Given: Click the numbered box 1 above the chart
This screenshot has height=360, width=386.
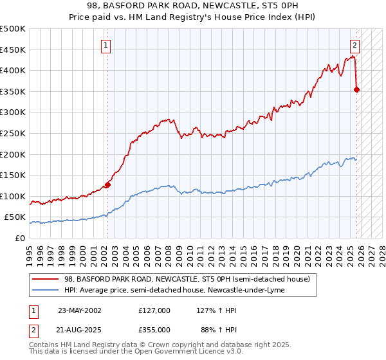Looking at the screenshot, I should pyautogui.click(x=105, y=45).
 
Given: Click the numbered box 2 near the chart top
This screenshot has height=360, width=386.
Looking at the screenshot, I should pyautogui.click(x=354, y=45).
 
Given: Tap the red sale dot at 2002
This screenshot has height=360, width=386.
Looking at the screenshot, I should pyautogui.click(x=107, y=184).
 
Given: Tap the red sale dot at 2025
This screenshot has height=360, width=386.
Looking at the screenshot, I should pyautogui.click(x=357, y=89).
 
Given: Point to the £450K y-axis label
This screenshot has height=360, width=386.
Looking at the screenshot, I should pyautogui.click(x=13, y=50).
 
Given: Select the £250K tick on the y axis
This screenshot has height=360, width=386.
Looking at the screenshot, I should pyautogui.click(x=13, y=133).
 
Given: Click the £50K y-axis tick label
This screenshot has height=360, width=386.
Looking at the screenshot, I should pyautogui.click(x=15, y=217).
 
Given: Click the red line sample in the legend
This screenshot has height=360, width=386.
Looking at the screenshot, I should pyautogui.click(x=45, y=279).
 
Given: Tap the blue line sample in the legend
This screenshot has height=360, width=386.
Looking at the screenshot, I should pyautogui.click(x=45, y=290).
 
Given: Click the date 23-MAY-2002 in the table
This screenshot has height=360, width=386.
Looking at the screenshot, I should pyautogui.click(x=79, y=310).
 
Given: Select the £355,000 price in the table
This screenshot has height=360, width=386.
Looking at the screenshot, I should pyautogui.click(x=154, y=329).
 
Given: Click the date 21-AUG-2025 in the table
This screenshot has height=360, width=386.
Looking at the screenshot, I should pyautogui.click(x=79, y=329).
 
